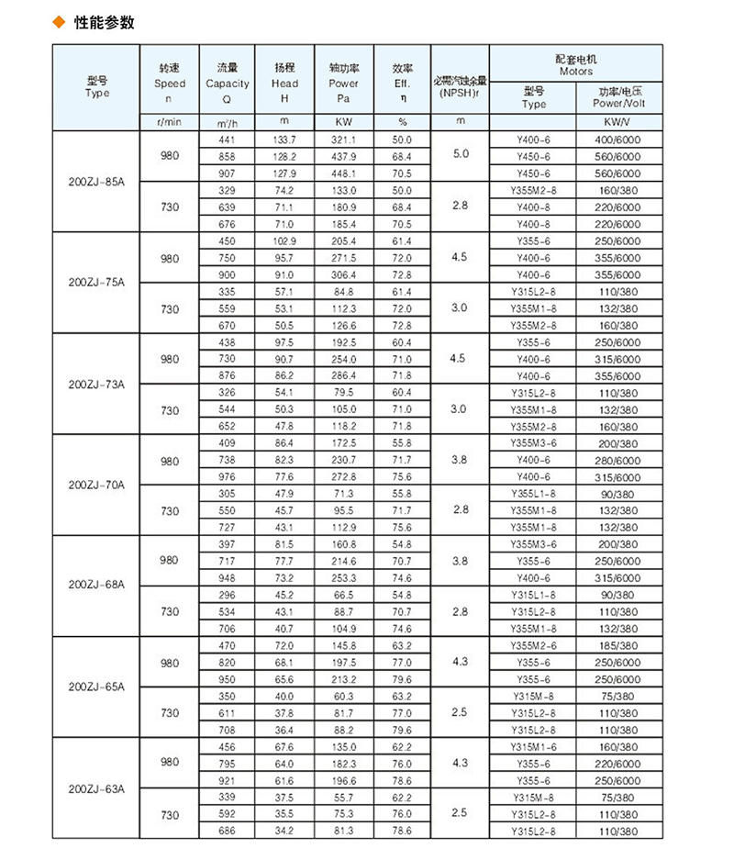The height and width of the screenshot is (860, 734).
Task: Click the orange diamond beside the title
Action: click(x=61, y=22)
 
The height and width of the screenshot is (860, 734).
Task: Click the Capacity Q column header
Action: click(x=228, y=83)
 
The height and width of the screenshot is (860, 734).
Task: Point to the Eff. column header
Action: click(x=403, y=83)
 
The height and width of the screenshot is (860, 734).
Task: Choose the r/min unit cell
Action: click(x=170, y=121)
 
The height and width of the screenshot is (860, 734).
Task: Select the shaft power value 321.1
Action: click(x=342, y=139)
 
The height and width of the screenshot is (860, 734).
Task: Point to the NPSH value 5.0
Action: click(x=461, y=155)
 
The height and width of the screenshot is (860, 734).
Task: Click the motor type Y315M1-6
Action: click(x=534, y=747)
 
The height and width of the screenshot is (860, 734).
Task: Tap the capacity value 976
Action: click(x=228, y=476)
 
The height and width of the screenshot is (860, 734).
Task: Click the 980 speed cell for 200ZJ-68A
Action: click(x=170, y=561)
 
